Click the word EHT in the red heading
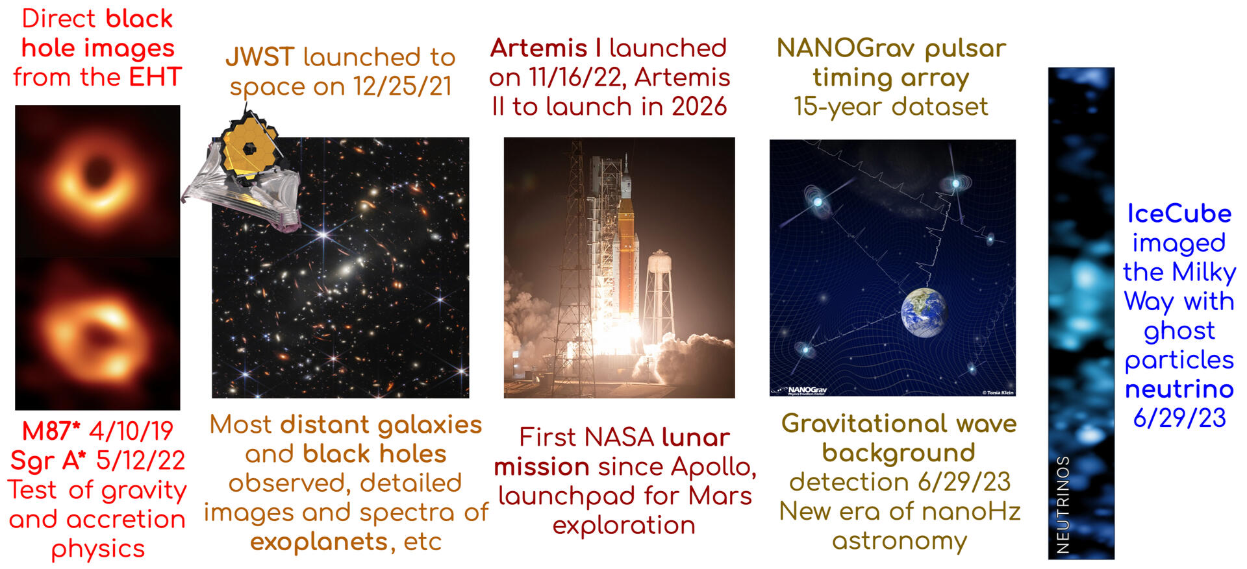coord(155,77)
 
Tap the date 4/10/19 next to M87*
coord(131,431)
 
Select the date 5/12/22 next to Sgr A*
coord(140,460)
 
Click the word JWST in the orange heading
coord(260,57)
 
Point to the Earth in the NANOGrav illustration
coord(924,313)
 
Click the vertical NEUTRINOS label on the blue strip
coord(1063,504)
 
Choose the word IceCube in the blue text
coord(1179,213)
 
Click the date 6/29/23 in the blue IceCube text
coord(1179,418)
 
